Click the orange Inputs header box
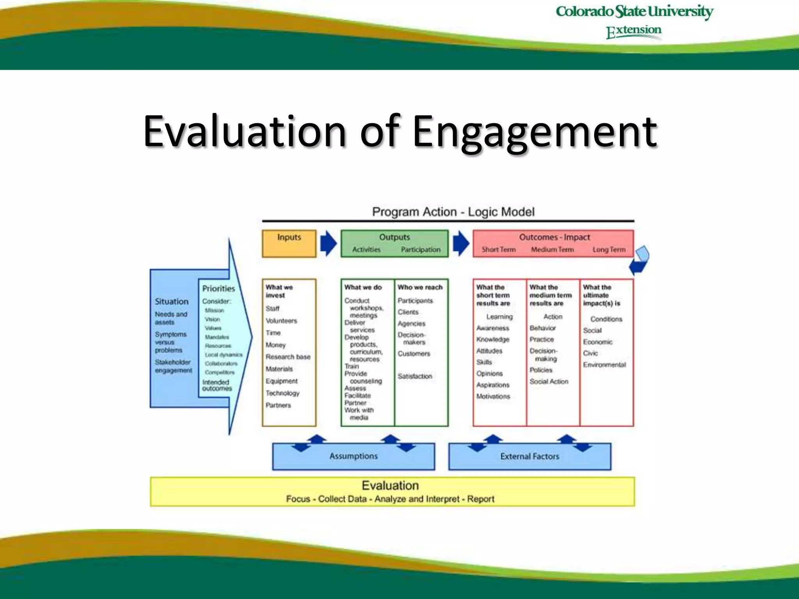click(289, 244)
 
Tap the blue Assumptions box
click(353, 456)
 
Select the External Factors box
click(529, 456)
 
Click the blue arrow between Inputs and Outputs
click(328, 243)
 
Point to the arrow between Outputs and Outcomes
click(461, 243)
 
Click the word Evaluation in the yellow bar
click(390, 486)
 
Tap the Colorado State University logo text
click(634, 12)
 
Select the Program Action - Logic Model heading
click(453, 212)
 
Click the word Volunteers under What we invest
click(281, 321)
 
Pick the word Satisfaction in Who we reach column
click(415, 376)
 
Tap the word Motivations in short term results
click(493, 396)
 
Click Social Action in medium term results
click(549, 381)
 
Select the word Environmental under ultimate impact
click(604, 365)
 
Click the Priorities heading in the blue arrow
click(218, 289)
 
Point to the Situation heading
click(172, 301)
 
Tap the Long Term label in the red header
click(609, 250)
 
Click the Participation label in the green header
click(421, 250)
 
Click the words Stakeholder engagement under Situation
click(173, 366)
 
